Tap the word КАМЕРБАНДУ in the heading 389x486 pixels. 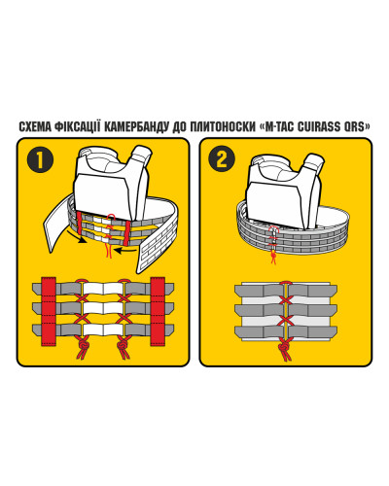click(137, 126)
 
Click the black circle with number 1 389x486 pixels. click(40, 159)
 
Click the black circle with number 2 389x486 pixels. click(222, 159)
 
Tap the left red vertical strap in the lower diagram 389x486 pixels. click(49, 311)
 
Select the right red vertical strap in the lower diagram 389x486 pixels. click(158, 311)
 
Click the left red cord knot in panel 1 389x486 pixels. click(83, 347)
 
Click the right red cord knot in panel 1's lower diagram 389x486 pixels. click(123, 347)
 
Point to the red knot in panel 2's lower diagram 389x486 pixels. click(284, 349)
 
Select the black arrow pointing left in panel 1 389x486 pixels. click(126, 250)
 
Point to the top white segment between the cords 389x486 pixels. click(103, 288)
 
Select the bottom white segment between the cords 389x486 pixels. click(103, 330)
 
